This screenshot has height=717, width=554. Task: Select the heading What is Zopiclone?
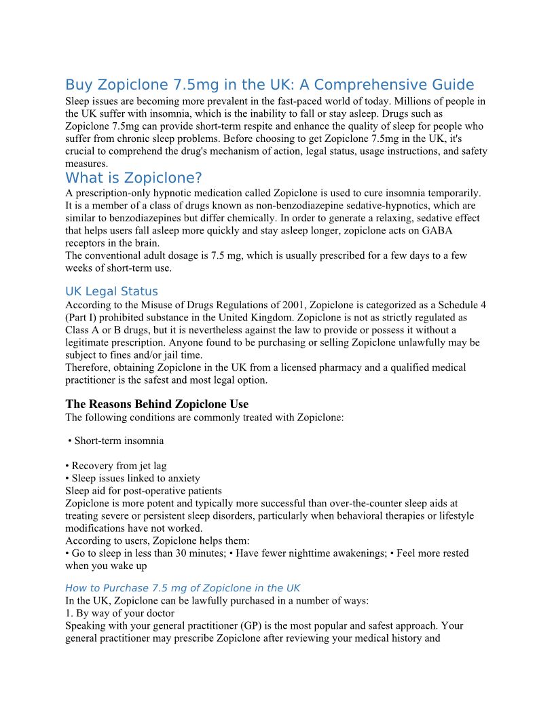click(x=134, y=178)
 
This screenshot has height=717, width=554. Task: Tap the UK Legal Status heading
click(x=111, y=291)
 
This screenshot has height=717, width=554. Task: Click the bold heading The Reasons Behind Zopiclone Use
click(x=157, y=404)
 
